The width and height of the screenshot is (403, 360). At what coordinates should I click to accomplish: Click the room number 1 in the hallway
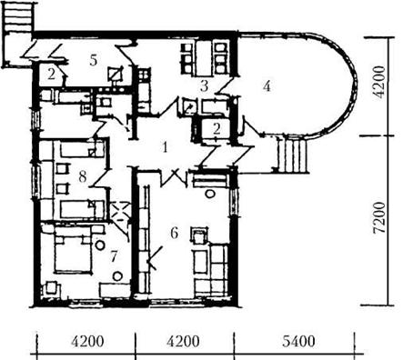pyautogui.click(x=165, y=147)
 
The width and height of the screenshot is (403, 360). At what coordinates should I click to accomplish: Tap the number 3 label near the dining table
pyautogui.click(x=205, y=86)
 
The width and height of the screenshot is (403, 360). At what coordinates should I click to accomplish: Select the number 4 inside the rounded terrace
pyautogui.click(x=267, y=86)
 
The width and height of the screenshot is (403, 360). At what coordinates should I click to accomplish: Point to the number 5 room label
pyautogui.click(x=94, y=60)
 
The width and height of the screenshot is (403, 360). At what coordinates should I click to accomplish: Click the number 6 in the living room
pyautogui.click(x=174, y=233)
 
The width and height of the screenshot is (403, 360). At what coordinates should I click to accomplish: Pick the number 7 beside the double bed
pyautogui.click(x=114, y=257)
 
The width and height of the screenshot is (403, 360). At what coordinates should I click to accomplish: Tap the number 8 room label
pyautogui.click(x=83, y=176)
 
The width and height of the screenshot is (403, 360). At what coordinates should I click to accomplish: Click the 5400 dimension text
pyautogui.click(x=298, y=342)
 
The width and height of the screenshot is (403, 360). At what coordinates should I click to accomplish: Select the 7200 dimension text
pyautogui.click(x=379, y=217)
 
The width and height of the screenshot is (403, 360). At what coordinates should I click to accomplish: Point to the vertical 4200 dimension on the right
pyautogui.click(x=379, y=82)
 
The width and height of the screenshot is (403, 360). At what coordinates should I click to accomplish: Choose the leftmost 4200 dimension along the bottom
pyautogui.click(x=87, y=342)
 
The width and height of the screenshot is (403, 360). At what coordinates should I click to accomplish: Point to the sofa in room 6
pyautogui.click(x=212, y=270)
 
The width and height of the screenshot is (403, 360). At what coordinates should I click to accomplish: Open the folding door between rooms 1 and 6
pyautogui.click(x=174, y=178)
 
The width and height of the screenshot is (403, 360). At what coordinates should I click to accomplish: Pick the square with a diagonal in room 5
pyautogui.click(x=116, y=73)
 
